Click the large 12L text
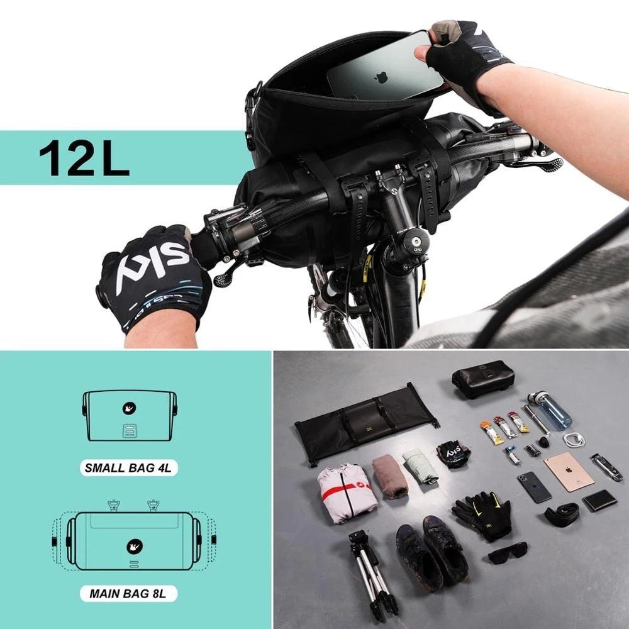click(x=84, y=157)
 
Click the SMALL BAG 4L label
click(x=130, y=467)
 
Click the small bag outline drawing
click(x=130, y=415)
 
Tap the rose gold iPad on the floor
click(x=569, y=471)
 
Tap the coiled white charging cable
click(x=574, y=440)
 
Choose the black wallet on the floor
click(x=599, y=501)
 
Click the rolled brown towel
click(x=390, y=476)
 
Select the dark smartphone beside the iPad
click(x=534, y=487)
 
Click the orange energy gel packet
click(x=492, y=433)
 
